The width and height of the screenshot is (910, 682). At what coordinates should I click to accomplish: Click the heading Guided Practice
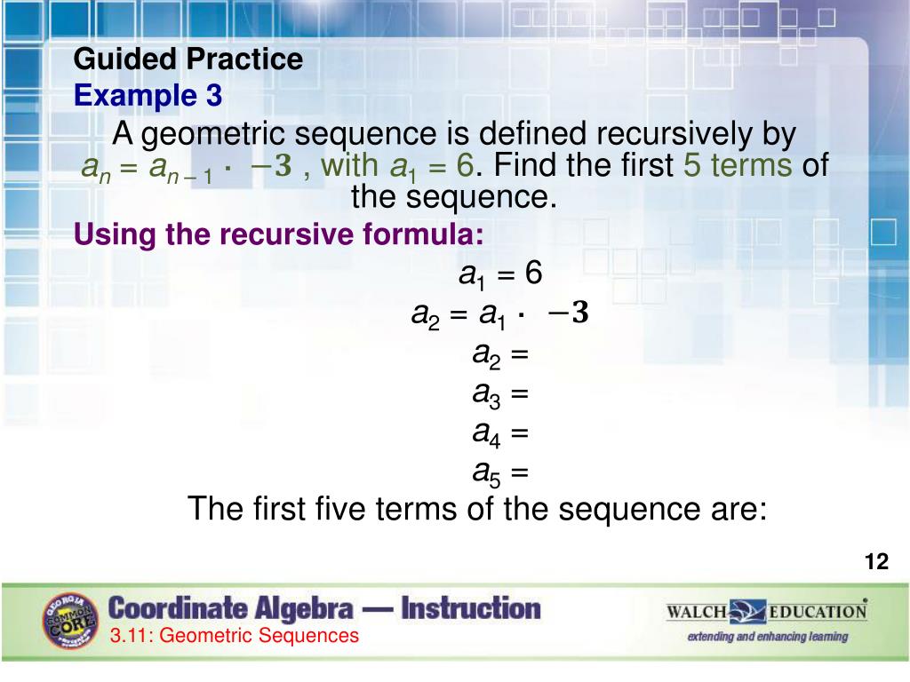[188, 60]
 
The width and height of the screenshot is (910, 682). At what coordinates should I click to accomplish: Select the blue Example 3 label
[148, 95]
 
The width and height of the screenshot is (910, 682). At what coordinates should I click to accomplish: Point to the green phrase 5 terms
[737, 165]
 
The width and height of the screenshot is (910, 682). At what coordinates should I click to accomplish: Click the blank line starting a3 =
[500, 393]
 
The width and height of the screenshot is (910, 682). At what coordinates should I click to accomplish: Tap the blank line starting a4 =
[500, 433]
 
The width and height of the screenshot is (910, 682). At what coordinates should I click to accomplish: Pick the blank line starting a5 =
[500, 472]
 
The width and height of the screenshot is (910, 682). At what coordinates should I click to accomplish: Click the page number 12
[876, 561]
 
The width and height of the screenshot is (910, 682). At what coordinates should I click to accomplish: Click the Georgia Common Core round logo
[69, 620]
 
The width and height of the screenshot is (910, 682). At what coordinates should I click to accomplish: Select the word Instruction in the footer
[471, 609]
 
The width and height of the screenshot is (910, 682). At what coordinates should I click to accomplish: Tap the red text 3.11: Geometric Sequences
[235, 636]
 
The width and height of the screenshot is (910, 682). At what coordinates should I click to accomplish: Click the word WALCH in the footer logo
[697, 612]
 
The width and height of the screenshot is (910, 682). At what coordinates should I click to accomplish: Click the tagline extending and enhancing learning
[767, 637]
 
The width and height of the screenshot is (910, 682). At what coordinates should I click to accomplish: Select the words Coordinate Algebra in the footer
[230, 609]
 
